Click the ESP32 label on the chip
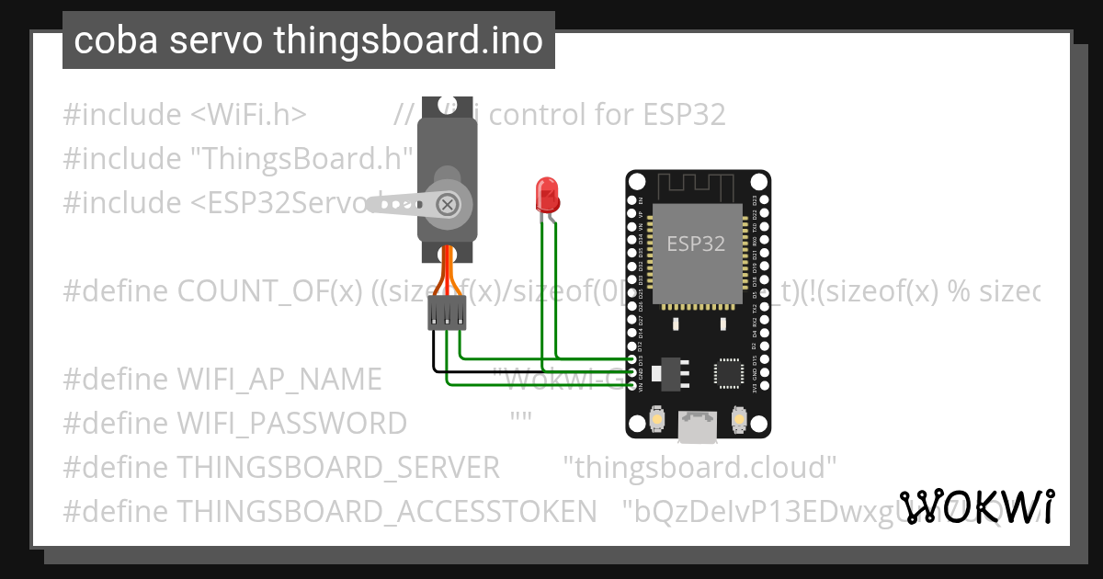(x=696, y=244)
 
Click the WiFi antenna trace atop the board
(x=698, y=189)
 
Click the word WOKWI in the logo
(x=977, y=506)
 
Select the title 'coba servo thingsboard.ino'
(x=308, y=40)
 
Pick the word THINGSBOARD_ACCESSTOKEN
(x=386, y=511)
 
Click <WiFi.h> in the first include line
(x=247, y=115)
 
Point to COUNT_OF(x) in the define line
(x=270, y=291)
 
